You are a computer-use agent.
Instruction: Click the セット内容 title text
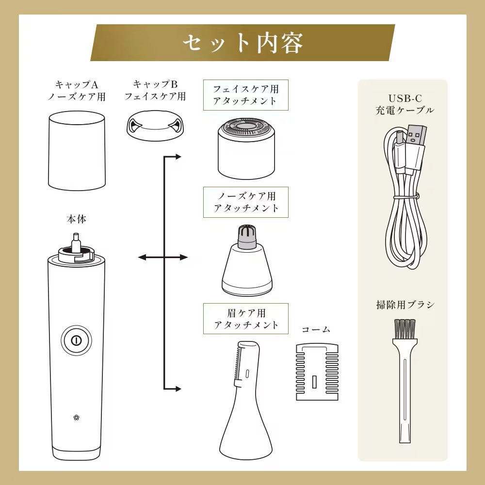tap(243, 43)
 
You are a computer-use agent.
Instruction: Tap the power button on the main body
tap(76, 340)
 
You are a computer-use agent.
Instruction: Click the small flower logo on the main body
tap(77, 418)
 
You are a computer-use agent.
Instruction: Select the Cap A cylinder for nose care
tap(77, 151)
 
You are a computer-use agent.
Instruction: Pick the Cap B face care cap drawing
tap(155, 125)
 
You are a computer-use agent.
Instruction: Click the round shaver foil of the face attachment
tap(246, 127)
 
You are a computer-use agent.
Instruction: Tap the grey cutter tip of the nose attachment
tap(247, 237)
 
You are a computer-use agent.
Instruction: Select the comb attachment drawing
tap(317, 372)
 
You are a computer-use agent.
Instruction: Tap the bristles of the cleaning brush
tap(405, 330)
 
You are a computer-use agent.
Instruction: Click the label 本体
tap(77, 219)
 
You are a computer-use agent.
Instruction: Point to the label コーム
tap(316, 329)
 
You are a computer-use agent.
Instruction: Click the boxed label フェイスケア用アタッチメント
tap(245, 95)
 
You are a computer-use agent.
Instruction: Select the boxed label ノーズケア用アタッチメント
tap(245, 202)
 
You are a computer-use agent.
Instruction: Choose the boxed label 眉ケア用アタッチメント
tap(245, 319)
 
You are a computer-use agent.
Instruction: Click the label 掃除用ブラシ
tap(405, 305)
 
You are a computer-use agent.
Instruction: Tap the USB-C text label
tap(405, 98)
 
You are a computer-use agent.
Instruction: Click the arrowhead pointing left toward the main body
tap(142, 257)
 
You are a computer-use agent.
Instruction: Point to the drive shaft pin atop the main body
tap(76, 241)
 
